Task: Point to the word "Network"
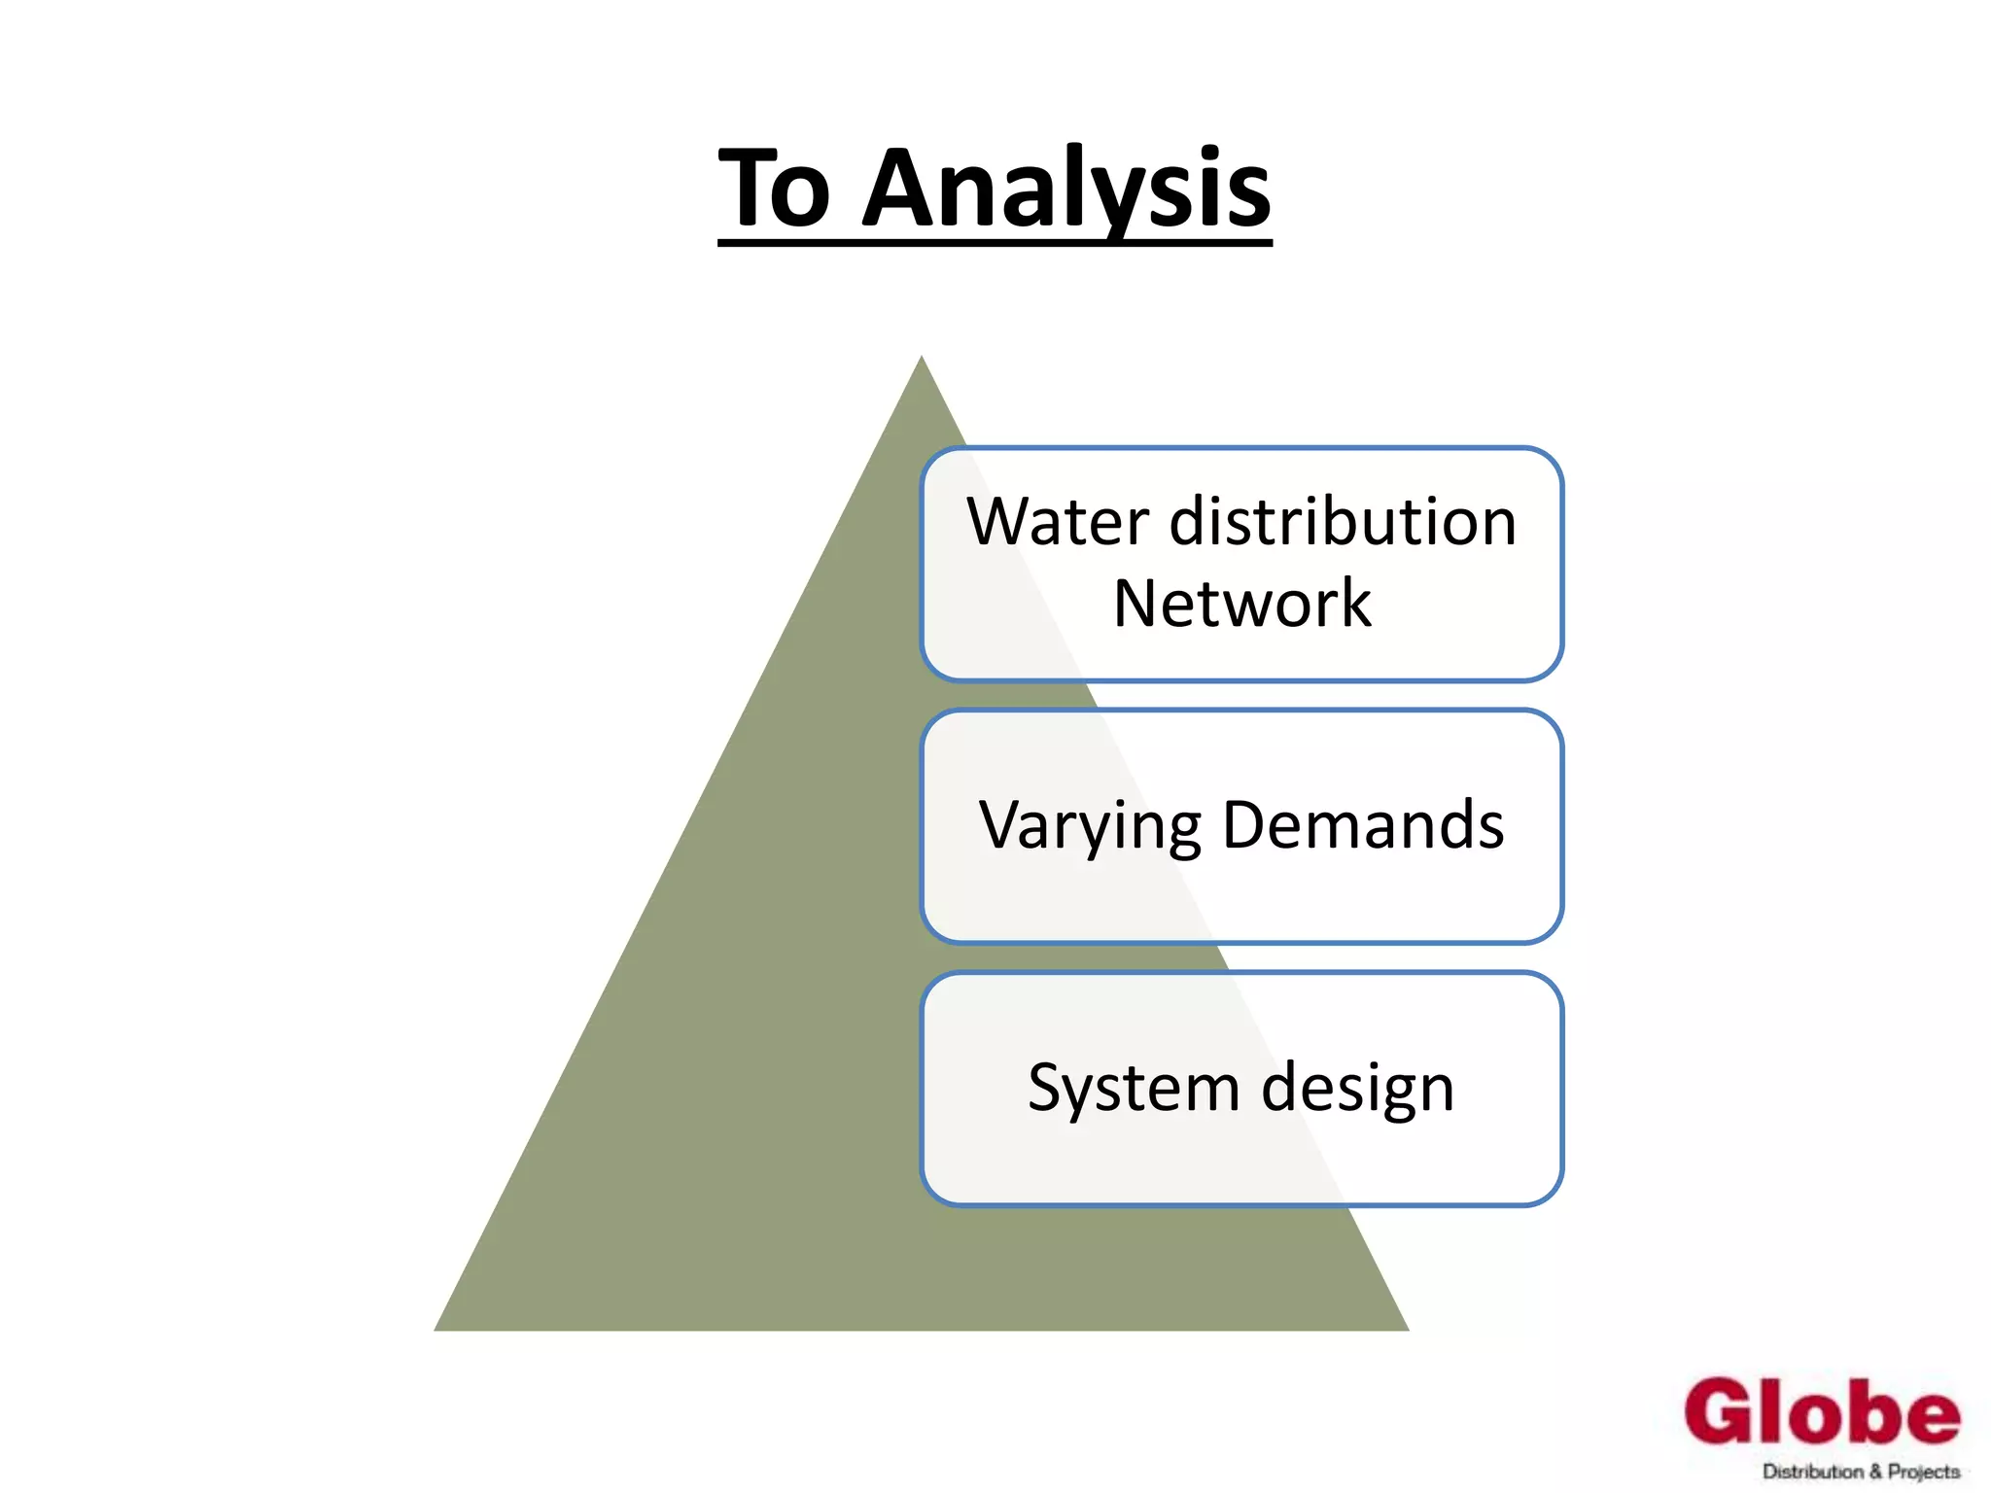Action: (1241, 604)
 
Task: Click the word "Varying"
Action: (1090, 826)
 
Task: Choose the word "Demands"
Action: (1363, 824)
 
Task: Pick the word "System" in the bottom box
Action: (1133, 1089)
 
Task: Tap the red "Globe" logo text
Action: (1822, 1411)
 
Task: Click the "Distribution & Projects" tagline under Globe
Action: (1861, 1472)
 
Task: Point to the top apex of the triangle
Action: (922, 359)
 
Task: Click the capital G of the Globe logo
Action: (1722, 1411)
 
